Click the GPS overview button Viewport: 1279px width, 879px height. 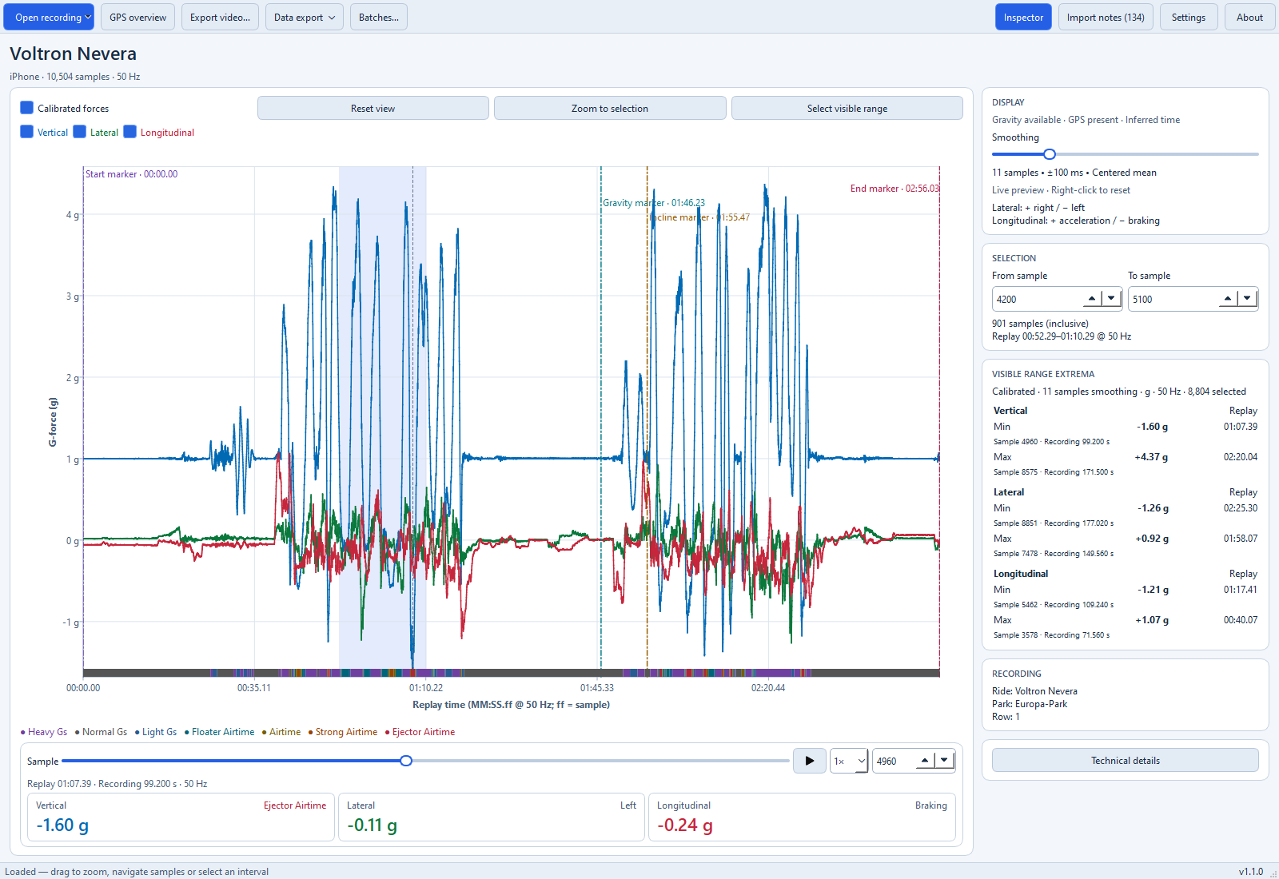[137, 17]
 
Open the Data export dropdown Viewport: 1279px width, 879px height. [304, 17]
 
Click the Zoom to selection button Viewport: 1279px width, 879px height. [610, 108]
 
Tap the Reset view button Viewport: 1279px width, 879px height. [373, 108]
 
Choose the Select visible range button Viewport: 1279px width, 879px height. [847, 108]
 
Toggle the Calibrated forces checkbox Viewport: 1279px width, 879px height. [27, 108]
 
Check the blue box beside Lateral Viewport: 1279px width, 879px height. [79, 132]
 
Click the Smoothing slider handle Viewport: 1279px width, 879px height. [1050, 154]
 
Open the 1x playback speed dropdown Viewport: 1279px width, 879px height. [849, 761]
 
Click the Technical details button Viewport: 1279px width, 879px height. [1125, 760]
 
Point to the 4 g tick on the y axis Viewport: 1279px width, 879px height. [73, 215]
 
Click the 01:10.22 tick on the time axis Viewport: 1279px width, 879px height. [426, 688]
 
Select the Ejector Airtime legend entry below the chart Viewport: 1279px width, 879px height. [420, 732]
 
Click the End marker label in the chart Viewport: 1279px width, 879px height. [895, 189]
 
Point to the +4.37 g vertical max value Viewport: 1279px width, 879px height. [1151, 457]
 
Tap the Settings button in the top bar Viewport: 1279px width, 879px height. [1188, 17]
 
